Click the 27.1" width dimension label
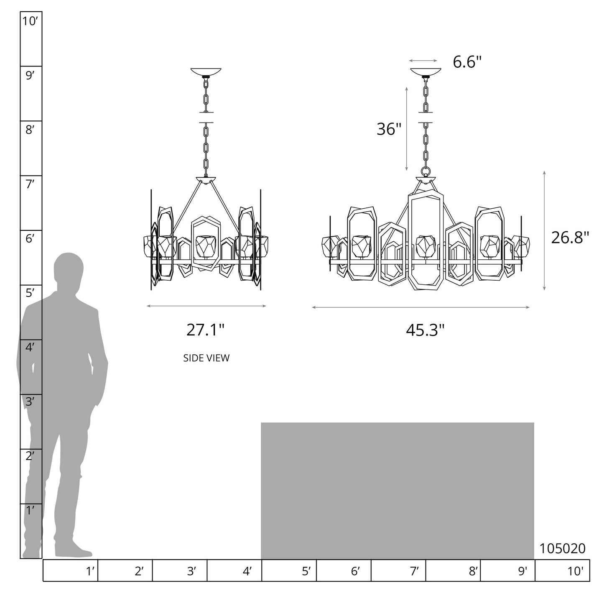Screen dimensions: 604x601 point(205,330)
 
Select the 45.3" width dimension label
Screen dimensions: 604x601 point(425,330)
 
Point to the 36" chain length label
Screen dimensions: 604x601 point(389,129)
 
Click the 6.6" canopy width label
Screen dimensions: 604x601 point(467,62)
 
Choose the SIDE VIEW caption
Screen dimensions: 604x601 point(206,358)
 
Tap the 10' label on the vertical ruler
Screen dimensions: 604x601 point(30,21)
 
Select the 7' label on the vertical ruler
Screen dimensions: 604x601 point(30,184)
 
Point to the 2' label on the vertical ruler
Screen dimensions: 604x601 point(30,456)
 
